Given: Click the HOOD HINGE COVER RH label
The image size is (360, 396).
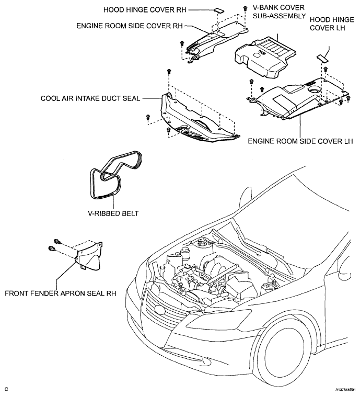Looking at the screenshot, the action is coord(145,10).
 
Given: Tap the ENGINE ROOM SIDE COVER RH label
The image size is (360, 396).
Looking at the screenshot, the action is coord(130,26).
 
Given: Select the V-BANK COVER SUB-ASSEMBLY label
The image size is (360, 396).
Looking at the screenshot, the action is coord(279,12).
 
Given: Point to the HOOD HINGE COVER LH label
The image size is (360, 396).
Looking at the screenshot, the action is coord(332,24).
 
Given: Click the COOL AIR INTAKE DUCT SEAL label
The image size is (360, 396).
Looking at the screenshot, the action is coord(90,98).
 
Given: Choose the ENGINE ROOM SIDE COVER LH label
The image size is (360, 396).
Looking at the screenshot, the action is coord(300,141).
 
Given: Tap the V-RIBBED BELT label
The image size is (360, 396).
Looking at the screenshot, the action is coord(113,213).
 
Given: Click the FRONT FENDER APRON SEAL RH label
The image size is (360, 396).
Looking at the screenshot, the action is coord(61,293).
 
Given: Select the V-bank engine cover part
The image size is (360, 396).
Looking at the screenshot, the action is coord(265,56).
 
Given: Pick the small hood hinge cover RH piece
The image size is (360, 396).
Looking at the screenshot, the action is coord(219,10).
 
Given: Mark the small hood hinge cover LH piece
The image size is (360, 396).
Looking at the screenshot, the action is coord(322,58).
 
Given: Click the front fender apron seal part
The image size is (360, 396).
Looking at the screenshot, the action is coord(89,256).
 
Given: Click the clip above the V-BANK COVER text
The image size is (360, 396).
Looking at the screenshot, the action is coord(245,8).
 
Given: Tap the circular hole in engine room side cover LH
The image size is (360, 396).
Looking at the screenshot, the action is coord(315,89).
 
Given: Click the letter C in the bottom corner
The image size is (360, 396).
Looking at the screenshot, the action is coord(7,389).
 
